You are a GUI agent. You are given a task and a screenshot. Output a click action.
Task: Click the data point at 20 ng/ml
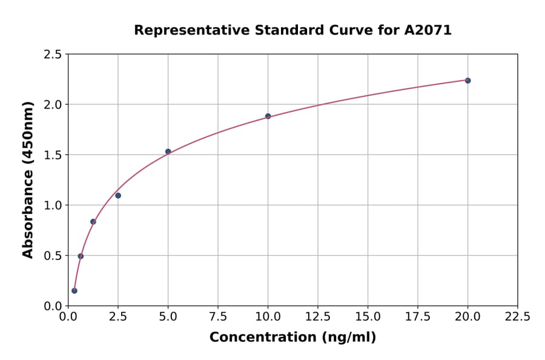[467, 81]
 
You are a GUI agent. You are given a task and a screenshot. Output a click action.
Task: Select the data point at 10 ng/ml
[268, 116]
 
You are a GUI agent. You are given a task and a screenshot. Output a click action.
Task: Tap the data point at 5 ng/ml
[168, 152]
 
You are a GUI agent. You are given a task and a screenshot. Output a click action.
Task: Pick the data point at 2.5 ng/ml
[118, 196]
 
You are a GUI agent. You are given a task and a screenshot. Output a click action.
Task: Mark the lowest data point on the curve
[74, 291]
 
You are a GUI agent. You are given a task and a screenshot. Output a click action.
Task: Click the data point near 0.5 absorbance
[81, 256]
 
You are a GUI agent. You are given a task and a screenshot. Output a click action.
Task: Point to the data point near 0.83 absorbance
[93, 222]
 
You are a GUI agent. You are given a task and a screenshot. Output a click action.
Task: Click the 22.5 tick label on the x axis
[517, 316]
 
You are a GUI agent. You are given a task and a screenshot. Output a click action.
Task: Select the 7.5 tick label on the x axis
[218, 316]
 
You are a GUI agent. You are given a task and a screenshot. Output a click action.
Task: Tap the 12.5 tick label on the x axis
[318, 316]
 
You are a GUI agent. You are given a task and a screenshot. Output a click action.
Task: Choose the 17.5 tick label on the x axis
[418, 316]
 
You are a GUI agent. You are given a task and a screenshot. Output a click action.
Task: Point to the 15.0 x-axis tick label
[368, 316]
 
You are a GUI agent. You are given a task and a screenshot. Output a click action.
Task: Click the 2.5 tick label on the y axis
[53, 55]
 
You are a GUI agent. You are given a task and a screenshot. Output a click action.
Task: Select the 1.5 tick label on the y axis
[53, 155]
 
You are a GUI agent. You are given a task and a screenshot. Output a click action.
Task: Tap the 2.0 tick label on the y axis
[53, 105]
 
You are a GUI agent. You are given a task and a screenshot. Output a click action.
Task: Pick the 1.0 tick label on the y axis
[53, 205]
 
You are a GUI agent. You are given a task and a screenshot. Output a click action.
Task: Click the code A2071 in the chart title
[428, 30]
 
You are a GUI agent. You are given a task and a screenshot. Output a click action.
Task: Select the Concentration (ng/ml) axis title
[292, 338]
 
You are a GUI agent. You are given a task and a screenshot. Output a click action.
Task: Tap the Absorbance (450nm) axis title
[28, 179]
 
